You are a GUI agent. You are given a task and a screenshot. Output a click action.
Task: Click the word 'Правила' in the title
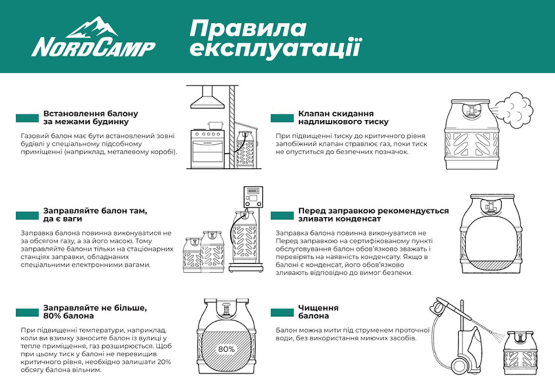pyautogui.click(x=247, y=29)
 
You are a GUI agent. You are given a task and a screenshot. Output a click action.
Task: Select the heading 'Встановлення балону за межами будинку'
pyautogui.click(x=91, y=118)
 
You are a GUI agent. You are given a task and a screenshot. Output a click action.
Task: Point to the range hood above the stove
pyautogui.click(x=206, y=98)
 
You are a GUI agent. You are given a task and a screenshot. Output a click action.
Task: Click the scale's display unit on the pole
pyautogui.click(x=253, y=196)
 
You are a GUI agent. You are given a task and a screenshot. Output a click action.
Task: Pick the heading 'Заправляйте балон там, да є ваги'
pyautogui.click(x=95, y=214)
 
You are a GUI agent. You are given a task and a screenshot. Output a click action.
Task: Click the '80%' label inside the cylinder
pyautogui.click(x=226, y=349)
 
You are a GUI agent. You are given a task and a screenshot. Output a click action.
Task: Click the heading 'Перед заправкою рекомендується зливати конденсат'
pyautogui.click(x=373, y=214)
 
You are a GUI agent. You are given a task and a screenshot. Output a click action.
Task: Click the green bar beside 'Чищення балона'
pyautogui.click(x=282, y=312)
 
